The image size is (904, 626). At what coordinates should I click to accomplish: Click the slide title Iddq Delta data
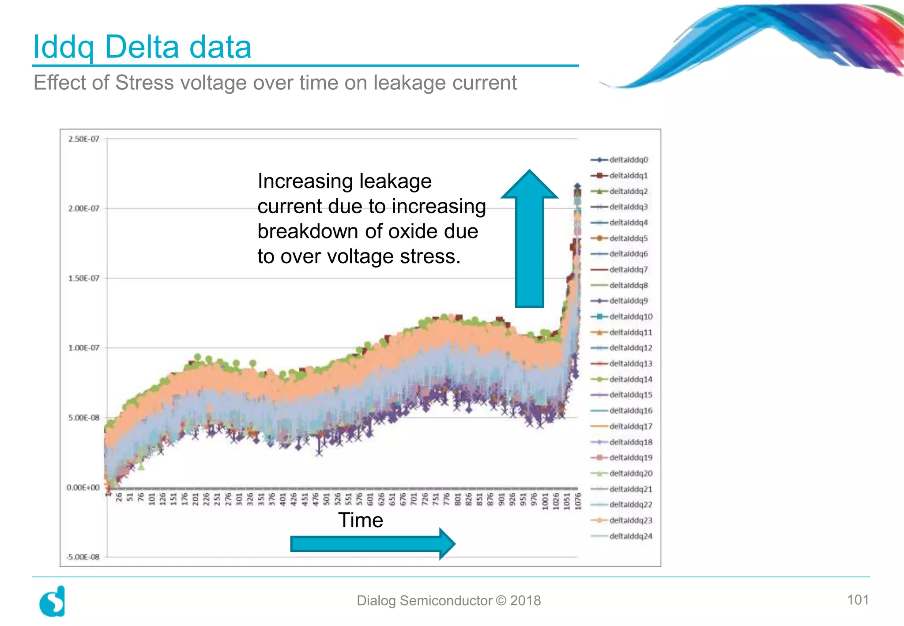click(x=142, y=47)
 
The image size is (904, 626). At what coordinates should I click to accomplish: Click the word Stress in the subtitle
click(x=144, y=83)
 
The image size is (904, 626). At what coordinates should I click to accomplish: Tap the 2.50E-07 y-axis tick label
click(x=83, y=139)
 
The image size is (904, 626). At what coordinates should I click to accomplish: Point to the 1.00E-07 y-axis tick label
click(x=83, y=348)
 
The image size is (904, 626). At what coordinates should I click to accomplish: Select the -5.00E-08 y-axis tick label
click(x=83, y=557)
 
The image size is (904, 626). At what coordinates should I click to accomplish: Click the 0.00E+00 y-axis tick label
click(x=83, y=487)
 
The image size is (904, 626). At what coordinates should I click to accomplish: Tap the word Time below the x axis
click(x=360, y=520)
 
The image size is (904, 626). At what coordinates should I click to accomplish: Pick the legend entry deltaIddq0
click(x=628, y=160)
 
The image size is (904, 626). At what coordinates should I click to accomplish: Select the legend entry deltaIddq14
click(x=630, y=379)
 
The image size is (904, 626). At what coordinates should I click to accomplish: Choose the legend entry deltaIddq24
click(x=630, y=536)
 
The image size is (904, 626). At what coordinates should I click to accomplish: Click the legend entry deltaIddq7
click(x=628, y=269)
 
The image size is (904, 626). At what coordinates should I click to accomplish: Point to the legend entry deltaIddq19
click(x=630, y=457)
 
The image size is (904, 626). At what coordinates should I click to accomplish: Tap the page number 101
click(x=858, y=600)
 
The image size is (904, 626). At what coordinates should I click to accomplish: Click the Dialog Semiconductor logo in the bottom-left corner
click(x=53, y=601)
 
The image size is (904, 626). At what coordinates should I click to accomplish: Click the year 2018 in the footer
click(x=525, y=600)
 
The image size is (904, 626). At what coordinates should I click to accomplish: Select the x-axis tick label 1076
click(x=578, y=502)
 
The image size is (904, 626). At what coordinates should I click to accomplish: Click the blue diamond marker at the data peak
click(x=577, y=186)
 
